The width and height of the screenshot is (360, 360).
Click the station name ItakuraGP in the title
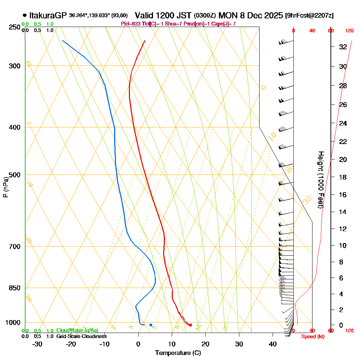pyautogui.click(x=48, y=15)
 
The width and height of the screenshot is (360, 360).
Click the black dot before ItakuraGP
pyautogui.click(x=24, y=15)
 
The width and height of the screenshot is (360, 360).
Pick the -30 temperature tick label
pyautogui.click(x=37, y=344)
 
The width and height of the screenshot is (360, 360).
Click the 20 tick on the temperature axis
pyautogui.click(x=206, y=344)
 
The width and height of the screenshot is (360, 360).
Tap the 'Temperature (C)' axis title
pyautogui.click(x=178, y=353)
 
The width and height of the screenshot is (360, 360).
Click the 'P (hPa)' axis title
pyautogui.click(x=5, y=187)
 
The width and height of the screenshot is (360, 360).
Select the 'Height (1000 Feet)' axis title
pyautogui.click(x=320, y=180)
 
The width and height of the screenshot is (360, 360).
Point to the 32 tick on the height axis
pyautogui.click(x=343, y=46)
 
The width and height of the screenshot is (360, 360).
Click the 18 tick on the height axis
pyautogui.click(x=343, y=177)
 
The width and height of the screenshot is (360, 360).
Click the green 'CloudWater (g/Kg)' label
pyautogui.click(x=77, y=330)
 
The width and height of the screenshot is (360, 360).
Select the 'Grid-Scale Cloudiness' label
pyautogui.click(x=81, y=336)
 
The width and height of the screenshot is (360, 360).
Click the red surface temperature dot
pyautogui.click(x=190, y=325)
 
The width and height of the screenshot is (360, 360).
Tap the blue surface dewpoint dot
pyautogui.click(x=151, y=325)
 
